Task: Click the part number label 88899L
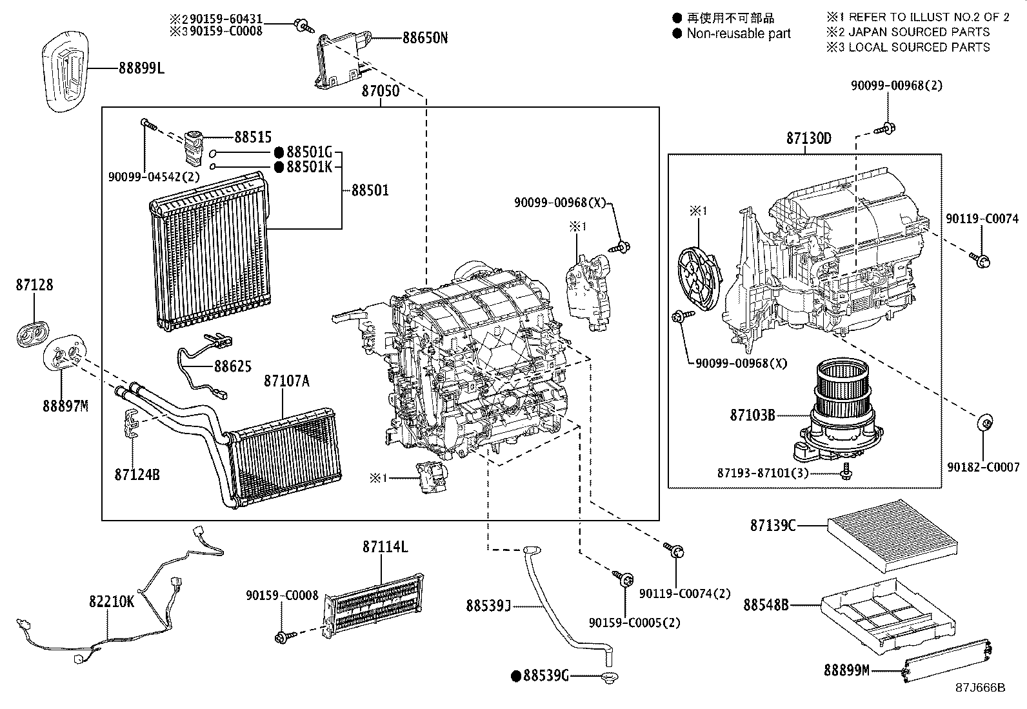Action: pos(141,68)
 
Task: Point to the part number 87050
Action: pos(380,91)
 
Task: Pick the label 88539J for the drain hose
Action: pos(488,606)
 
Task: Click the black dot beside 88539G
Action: pos(515,676)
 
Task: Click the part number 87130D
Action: pos(808,139)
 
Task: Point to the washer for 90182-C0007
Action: pos(984,424)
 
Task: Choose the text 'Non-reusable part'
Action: pos(738,34)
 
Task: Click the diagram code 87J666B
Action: pos(980,688)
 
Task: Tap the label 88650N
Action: pos(424,38)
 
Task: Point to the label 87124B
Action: pos(137,474)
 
